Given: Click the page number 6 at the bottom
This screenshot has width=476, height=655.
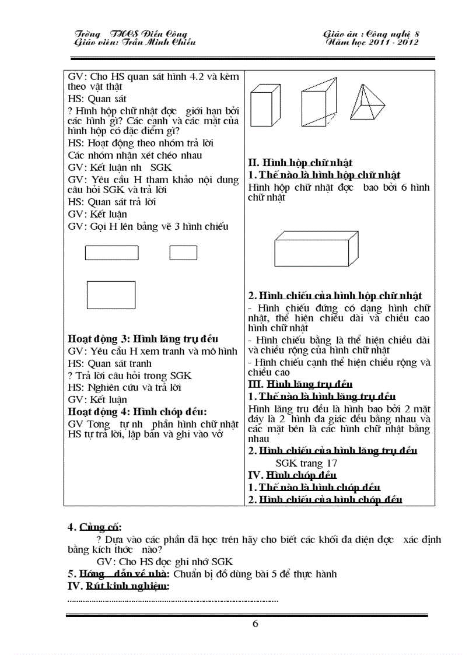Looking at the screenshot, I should point(255,624).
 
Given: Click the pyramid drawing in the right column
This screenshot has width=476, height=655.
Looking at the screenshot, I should point(367,102).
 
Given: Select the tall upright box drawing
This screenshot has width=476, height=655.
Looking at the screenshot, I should point(267,107).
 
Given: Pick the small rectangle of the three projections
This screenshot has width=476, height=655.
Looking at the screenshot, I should point(183,253).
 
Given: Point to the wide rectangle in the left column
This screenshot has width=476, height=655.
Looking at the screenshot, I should point(111,253).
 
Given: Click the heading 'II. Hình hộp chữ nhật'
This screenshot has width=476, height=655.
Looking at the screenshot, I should point(300,163).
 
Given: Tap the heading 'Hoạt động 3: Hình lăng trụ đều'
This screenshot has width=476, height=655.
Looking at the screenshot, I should point(143,338).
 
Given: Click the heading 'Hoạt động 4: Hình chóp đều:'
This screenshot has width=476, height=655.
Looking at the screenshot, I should point(137,411).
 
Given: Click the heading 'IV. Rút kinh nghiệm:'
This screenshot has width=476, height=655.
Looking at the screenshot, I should point(118,586).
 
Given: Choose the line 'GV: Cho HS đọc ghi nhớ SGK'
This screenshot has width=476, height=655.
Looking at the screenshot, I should point(165,562).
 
